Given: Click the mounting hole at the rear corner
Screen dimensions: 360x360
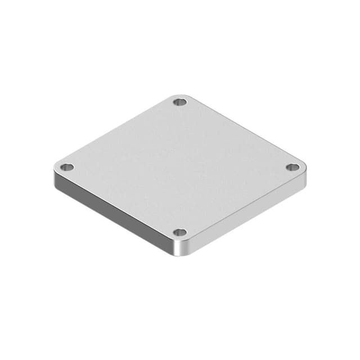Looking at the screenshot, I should click(180, 102).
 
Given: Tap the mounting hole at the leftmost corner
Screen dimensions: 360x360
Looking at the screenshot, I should click(67, 167).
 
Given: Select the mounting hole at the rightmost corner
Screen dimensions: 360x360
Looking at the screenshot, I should click(292, 167).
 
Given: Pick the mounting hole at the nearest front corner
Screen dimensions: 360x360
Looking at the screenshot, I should click(179, 232).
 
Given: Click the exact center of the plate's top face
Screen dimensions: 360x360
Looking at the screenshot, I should click(180, 167).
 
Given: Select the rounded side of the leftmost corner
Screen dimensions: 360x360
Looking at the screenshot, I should click(56, 175).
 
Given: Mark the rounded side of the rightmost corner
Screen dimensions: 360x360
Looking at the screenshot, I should click(304, 175).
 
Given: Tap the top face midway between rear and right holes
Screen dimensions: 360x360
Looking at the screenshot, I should click(236, 135).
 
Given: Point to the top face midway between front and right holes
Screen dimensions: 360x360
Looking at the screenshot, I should click(236, 200).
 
